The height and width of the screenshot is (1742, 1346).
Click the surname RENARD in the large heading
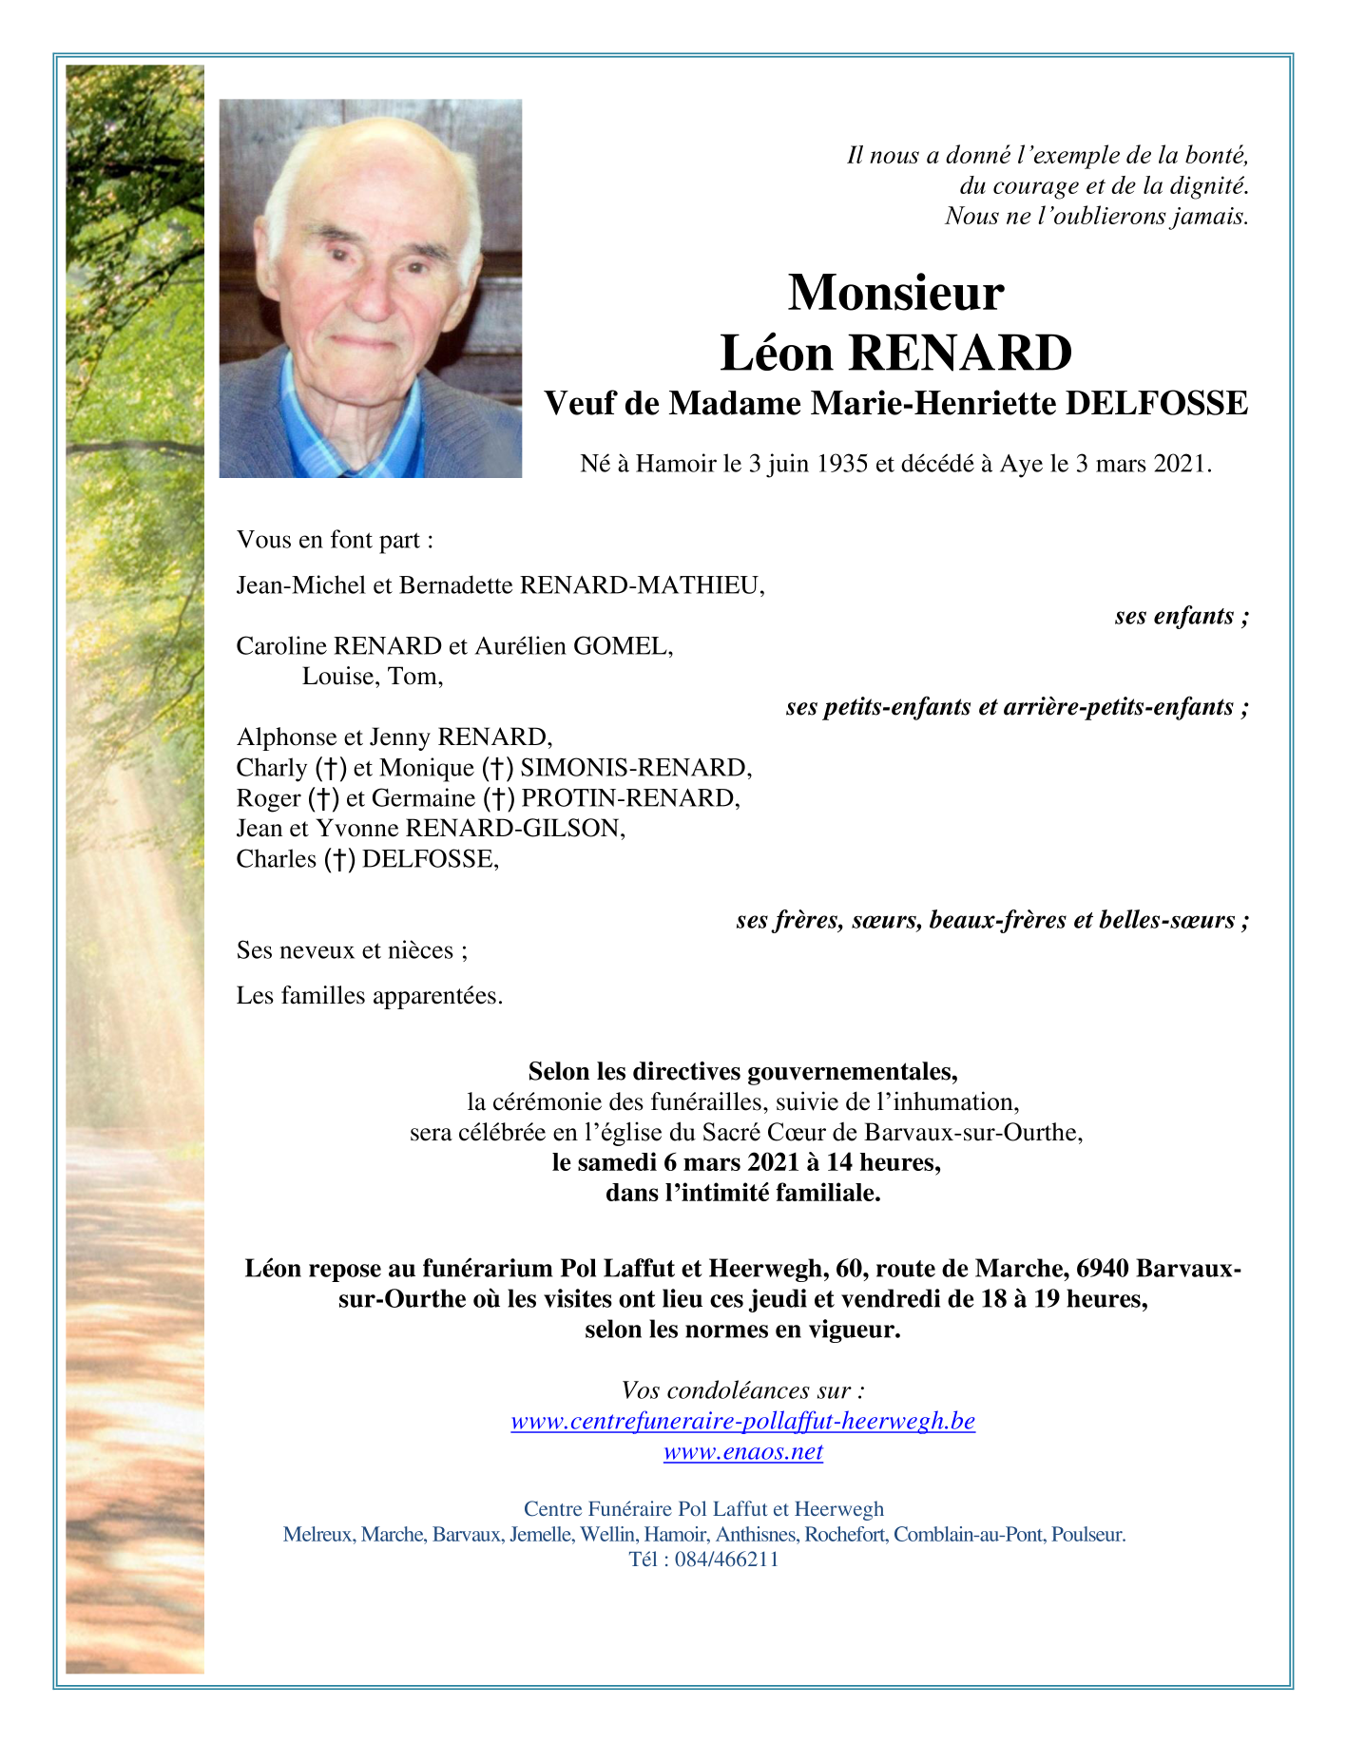point(960,354)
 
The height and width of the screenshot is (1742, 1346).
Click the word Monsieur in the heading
point(895,293)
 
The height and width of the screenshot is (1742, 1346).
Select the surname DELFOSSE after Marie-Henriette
point(1156,404)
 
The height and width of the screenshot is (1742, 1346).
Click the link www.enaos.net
point(742,1452)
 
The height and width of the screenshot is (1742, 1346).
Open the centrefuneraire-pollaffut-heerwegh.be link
point(742,1422)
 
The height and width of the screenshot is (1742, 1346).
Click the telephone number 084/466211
point(726,1560)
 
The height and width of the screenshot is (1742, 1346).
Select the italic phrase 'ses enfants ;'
point(1181,617)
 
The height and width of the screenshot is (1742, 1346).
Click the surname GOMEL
point(627,647)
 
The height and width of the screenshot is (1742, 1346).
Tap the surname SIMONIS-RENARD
point(636,768)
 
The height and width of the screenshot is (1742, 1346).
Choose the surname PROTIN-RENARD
point(630,798)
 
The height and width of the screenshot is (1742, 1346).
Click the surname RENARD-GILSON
point(515,829)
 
